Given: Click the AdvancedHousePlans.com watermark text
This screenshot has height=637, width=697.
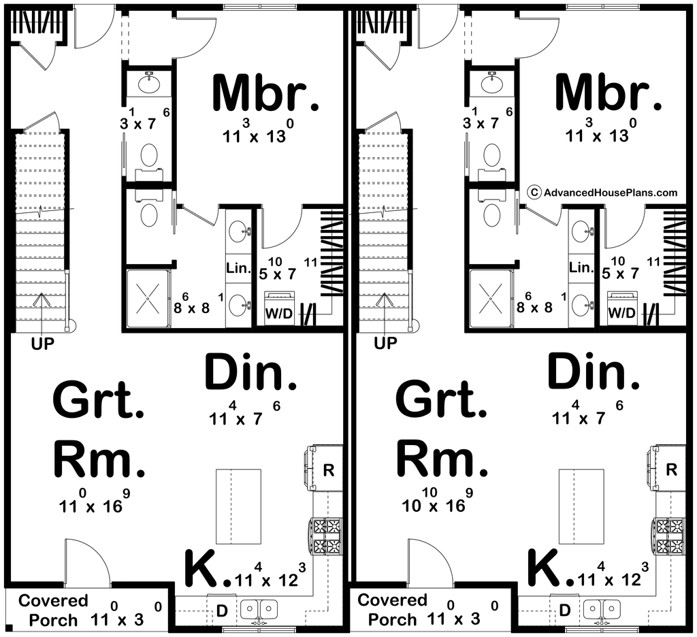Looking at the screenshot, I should tap(610, 193).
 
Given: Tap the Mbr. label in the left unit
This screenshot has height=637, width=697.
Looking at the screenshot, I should tap(265, 93).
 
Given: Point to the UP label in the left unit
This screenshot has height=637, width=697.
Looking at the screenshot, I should tap(43, 344).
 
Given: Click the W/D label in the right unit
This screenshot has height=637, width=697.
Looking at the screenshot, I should tap(621, 313).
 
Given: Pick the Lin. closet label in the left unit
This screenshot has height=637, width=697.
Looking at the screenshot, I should tap(239, 267).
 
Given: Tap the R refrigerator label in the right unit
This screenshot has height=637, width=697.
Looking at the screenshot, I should tap(671, 469).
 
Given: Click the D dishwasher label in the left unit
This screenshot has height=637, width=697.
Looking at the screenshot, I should tap(221, 610).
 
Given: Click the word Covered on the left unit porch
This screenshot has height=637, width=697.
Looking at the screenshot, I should tap(53, 601).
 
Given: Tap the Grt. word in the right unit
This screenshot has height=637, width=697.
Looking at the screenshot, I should tap(440, 399).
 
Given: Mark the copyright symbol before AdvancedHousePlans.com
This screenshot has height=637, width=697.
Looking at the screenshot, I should tap(534, 193).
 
